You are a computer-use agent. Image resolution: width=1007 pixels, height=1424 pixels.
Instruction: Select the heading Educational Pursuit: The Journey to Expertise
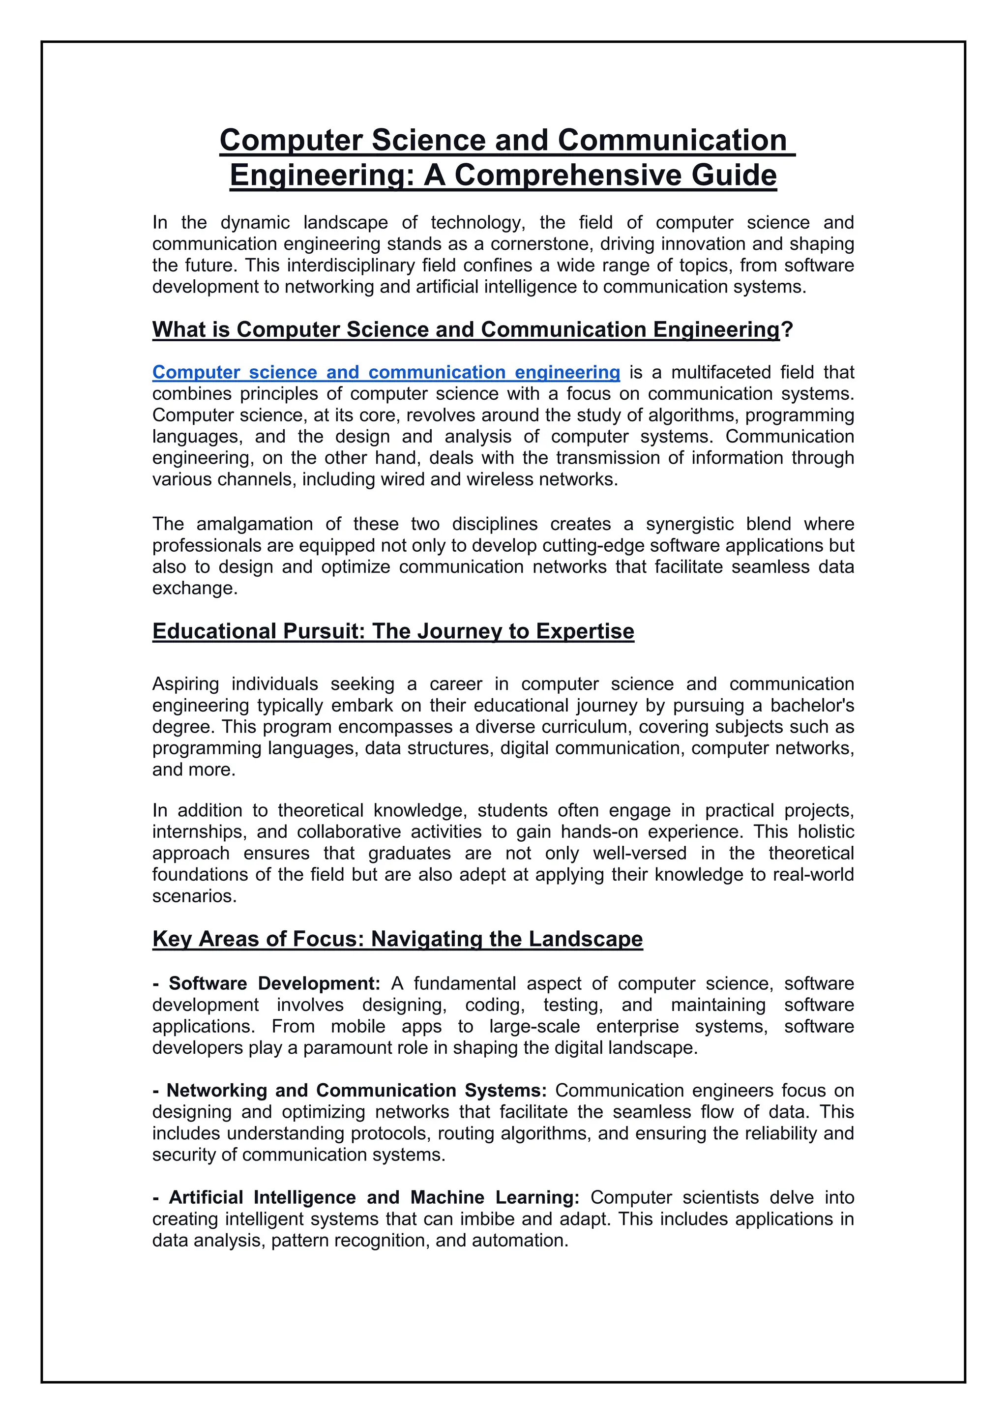pyautogui.click(x=393, y=631)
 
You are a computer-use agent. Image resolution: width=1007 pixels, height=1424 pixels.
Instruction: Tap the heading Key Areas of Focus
pyautogui.click(x=397, y=939)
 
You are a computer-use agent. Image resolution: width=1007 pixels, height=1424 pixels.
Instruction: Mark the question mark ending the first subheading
pyautogui.click(x=787, y=330)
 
